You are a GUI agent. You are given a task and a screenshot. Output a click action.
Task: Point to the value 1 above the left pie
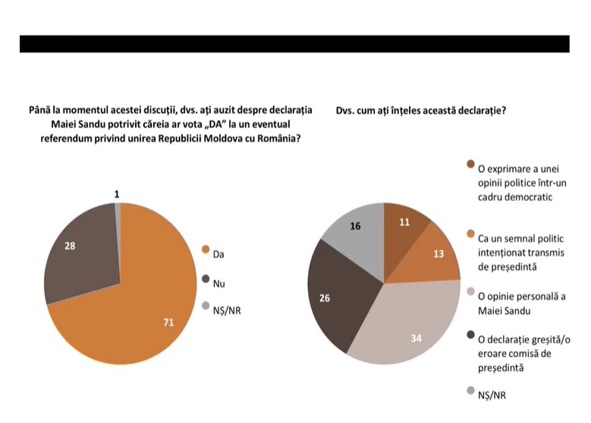[x=116, y=195]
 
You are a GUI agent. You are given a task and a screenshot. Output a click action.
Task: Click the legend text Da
[x=218, y=254]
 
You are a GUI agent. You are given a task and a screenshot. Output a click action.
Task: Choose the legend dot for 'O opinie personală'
[x=470, y=291]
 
